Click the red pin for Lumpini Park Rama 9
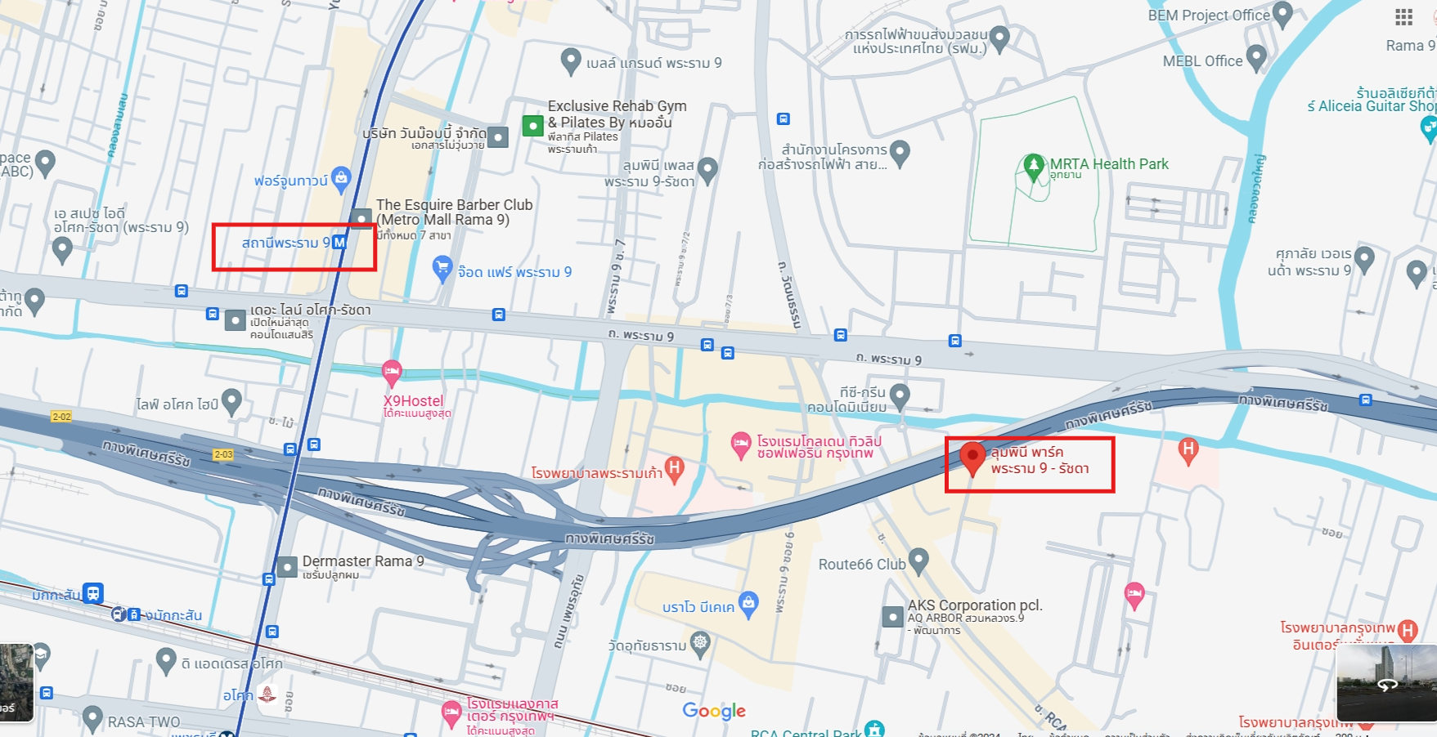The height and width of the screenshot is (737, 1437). pyautogui.click(x=972, y=458)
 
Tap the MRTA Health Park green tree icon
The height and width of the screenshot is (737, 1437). pyautogui.click(x=1033, y=166)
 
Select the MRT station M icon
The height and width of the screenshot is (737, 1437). pyautogui.click(x=339, y=243)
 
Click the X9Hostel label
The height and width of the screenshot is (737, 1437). pyautogui.click(x=414, y=401)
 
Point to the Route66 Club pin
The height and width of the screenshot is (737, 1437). pyautogui.click(x=918, y=561)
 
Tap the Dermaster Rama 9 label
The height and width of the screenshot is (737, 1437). pyautogui.click(x=363, y=561)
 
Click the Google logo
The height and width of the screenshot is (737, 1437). pyautogui.click(x=714, y=711)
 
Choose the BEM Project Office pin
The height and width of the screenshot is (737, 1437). pyautogui.click(x=1282, y=14)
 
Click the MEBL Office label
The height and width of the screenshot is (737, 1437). pyautogui.click(x=1202, y=61)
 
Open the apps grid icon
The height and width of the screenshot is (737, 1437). pyautogui.click(x=1403, y=17)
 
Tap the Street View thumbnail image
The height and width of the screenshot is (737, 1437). pyautogui.click(x=1386, y=683)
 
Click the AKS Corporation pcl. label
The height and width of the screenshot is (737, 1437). pyautogui.click(x=975, y=605)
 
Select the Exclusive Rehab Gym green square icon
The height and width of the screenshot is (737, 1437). pyautogui.click(x=532, y=126)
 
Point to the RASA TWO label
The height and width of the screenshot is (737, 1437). pyautogui.click(x=144, y=722)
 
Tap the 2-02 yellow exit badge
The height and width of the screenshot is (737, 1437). pyautogui.click(x=61, y=417)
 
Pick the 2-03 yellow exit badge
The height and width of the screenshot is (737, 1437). pyautogui.click(x=223, y=454)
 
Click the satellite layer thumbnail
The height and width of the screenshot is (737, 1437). pyautogui.click(x=16, y=683)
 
